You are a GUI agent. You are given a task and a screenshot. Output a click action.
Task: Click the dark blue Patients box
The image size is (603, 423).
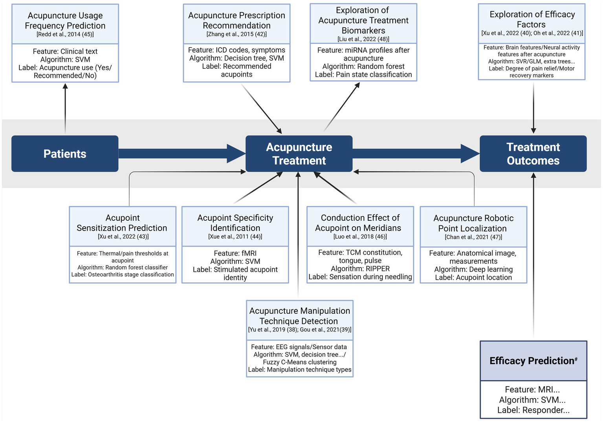(x=65, y=154)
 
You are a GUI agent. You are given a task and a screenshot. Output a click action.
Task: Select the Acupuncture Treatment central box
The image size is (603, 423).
(x=299, y=154)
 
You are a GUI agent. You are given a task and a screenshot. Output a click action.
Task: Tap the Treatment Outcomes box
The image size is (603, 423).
(x=533, y=154)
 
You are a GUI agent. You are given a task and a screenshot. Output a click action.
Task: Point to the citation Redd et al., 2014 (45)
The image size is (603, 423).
(x=65, y=35)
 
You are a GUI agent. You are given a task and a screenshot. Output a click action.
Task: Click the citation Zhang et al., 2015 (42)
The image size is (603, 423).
(x=236, y=34)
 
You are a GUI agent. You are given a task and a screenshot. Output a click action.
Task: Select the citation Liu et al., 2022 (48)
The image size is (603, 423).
(x=363, y=39)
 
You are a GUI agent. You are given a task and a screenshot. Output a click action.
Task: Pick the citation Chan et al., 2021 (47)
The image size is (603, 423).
(x=473, y=237)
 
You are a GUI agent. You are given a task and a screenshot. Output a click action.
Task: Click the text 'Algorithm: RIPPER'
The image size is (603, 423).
(x=360, y=269)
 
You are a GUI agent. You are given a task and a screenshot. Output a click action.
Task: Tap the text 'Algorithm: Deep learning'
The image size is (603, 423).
(x=473, y=269)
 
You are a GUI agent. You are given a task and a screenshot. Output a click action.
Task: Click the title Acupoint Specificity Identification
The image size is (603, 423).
(x=235, y=223)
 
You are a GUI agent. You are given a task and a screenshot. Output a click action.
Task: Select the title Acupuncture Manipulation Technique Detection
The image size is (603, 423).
(x=299, y=316)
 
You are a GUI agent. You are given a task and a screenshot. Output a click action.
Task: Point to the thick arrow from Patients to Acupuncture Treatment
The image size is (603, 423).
(x=181, y=154)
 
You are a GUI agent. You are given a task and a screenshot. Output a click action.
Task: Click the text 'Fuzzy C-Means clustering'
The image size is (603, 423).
(x=300, y=362)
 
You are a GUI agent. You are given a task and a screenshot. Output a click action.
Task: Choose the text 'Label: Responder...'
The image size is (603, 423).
(x=533, y=410)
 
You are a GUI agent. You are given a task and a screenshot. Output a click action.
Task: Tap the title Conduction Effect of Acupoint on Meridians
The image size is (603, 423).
(x=360, y=223)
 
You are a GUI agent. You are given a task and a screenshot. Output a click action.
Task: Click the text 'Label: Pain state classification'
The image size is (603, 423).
(x=363, y=75)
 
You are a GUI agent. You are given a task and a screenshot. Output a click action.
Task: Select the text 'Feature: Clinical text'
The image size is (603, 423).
(x=65, y=51)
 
